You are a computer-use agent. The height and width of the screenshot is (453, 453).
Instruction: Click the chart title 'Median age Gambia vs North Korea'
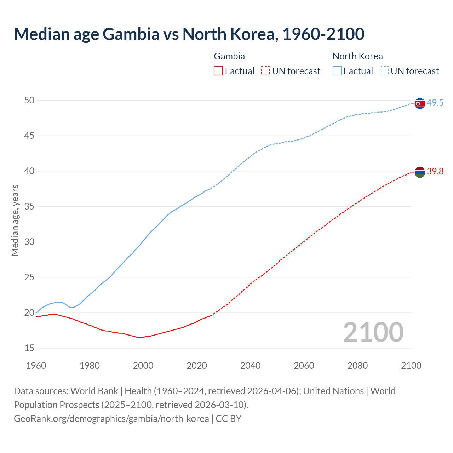pyautogui.click(x=189, y=34)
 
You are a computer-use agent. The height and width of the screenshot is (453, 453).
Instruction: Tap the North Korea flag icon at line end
pyautogui.click(x=419, y=103)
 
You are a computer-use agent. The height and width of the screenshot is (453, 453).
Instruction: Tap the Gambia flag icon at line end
pyautogui.click(x=419, y=172)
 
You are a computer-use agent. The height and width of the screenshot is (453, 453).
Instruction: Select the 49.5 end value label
pyautogui.click(x=435, y=103)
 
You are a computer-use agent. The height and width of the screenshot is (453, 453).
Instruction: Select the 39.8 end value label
pyautogui.click(x=435, y=172)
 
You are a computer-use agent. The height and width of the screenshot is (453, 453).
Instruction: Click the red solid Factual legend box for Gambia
pyautogui.click(x=218, y=71)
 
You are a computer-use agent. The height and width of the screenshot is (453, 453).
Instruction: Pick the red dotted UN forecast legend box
pyautogui.click(x=265, y=71)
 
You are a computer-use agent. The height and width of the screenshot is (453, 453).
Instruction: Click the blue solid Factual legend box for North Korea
pyautogui.click(x=337, y=71)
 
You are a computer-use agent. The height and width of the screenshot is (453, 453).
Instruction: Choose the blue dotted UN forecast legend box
pyautogui.click(x=384, y=71)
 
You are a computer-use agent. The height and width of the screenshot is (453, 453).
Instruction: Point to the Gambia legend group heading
pyautogui.click(x=229, y=56)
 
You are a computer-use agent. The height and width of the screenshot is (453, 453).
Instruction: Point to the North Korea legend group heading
pyautogui.click(x=357, y=56)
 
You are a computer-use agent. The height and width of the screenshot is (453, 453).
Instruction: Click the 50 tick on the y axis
pyautogui.click(x=29, y=100)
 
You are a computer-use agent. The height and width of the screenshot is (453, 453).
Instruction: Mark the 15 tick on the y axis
pyautogui.click(x=29, y=348)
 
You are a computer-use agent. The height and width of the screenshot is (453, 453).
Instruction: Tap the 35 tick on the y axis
pyautogui.click(x=29, y=206)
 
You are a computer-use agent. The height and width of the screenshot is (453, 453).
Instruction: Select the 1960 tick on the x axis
pyautogui.click(x=36, y=366)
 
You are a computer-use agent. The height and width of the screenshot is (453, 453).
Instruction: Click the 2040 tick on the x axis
pyautogui.click(x=250, y=366)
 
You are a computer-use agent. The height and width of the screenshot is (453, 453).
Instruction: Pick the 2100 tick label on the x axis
pyautogui.click(x=411, y=366)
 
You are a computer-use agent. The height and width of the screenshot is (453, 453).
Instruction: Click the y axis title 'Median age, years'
pyautogui.click(x=15, y=220)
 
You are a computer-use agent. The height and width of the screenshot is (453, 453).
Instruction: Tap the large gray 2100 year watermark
pyautogui.click(x=373, y=332)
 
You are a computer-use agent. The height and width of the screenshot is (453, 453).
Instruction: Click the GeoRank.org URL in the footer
pyautogui.click(x=111, y=419)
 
